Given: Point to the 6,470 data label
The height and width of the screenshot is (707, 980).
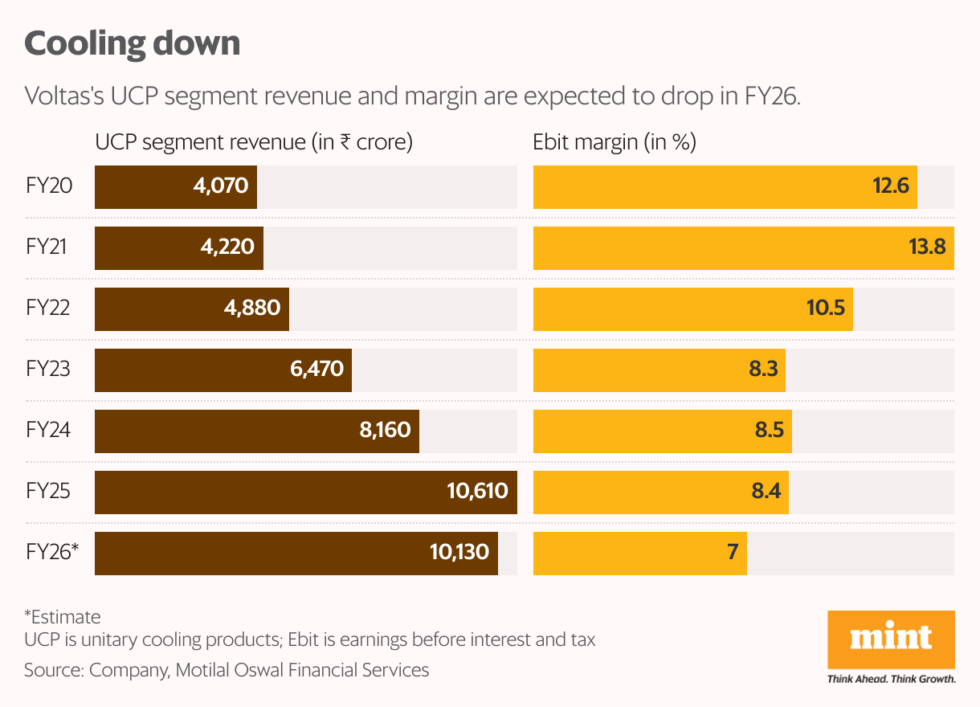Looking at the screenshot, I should coord(313,369).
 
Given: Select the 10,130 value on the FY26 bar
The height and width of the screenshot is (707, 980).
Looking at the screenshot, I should coord(459,553).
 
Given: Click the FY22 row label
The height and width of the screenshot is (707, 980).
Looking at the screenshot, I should coord(49,308).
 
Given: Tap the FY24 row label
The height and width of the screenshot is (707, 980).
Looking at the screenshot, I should coord(49,430).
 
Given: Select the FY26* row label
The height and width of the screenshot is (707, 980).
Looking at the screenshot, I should coord(52,553).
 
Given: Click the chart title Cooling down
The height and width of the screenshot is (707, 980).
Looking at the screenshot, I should coord(133,43).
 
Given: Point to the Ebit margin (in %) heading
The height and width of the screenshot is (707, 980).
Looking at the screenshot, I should coord(615,142).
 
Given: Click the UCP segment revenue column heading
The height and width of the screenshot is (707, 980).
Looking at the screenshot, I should coord(254,142).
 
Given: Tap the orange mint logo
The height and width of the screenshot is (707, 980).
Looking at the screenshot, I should coord(891,640).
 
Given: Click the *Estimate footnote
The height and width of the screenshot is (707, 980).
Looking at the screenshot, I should coord(63,617).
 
